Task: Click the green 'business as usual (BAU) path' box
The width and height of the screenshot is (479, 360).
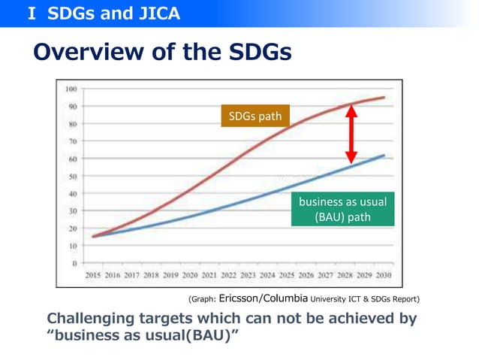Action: pos(342,210)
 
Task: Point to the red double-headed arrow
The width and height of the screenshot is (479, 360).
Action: pos(351,133)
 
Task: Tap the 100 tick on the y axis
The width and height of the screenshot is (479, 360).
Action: pos(71,89)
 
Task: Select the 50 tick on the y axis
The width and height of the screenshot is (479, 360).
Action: pos(73,176)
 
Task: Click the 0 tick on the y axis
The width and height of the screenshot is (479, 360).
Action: pos(74,263)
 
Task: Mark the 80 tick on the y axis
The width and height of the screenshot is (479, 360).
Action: pos(73,123)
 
